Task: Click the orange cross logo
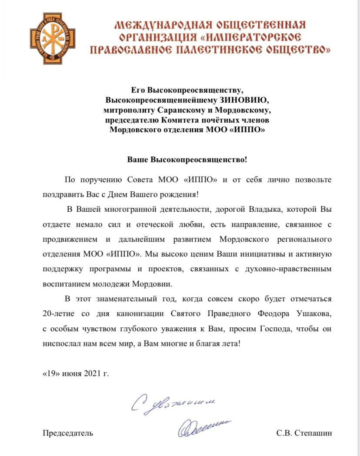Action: pyautogui.click(x=49, y=38)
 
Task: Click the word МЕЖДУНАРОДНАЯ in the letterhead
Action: pyautogui.click(x=158, y=24)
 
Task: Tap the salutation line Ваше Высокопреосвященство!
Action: pyautogui.click(x=187, y=160)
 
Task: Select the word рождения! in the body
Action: pyautogui.click(x=176, y=194)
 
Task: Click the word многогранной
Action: pyautogui.click(x=130, y=210)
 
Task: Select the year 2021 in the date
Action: pyautogui.click(x=90, y=373)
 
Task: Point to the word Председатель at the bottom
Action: pyautogui.click(x=67, y=433)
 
